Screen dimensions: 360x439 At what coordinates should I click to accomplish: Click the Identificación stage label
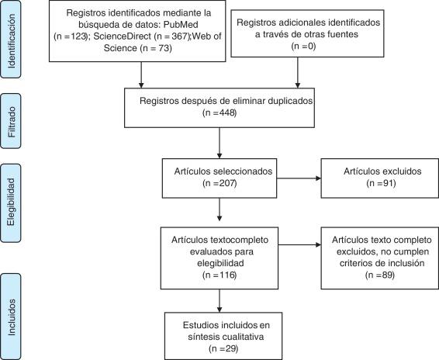tap(12, 40)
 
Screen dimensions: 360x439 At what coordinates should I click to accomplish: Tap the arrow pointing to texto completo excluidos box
tap(303, 247)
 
